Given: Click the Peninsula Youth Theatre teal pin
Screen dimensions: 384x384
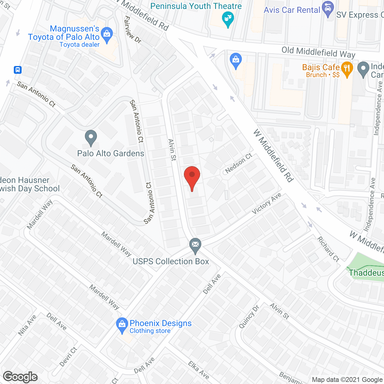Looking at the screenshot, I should pos(228,19).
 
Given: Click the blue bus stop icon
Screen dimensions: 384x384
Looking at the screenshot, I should pos(18,70).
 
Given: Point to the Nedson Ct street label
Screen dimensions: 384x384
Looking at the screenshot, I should pos(239,163).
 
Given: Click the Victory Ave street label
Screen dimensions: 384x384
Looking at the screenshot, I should pos(266,203).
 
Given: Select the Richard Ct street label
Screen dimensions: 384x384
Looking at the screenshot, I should pos(328,249).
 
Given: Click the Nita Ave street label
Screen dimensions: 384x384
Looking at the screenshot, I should pos(27,325).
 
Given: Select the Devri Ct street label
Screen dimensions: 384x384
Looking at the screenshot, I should pos(68,357).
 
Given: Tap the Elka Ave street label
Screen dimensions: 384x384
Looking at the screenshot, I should pos(199,370).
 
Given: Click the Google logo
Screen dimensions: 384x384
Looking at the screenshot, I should pos(20,377).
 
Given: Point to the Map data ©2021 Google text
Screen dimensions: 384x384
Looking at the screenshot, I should pos(347,380).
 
